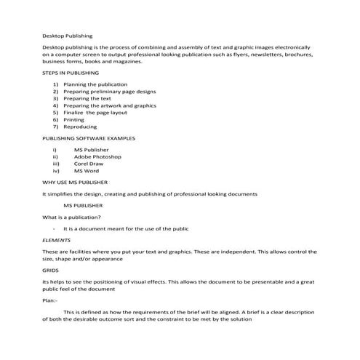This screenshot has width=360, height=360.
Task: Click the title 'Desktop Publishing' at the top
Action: [x=68, y=34]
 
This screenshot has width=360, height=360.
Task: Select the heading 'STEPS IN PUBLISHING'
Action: [x=71, y=73]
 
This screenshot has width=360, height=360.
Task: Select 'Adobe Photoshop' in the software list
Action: [x=97, y=156]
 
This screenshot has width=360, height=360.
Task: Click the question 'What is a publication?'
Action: [x=71, y=217]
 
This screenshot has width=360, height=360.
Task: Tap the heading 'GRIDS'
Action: [x=50, y=269]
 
